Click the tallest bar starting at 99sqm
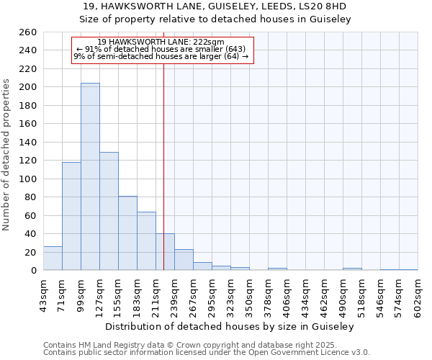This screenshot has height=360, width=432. pyautogui.click(x=90, y=176)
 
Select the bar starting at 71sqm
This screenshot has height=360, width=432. pyautogui.click(x=71, y=216)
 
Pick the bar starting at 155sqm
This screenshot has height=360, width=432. pyautogui.click(x=127, y=233)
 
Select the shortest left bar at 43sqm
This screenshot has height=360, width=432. pyautogui.click(x=53, y=258)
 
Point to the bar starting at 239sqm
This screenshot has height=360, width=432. pyautogui.click(x=184, y=260)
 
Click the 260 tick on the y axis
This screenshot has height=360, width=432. pyautogui.click(x=29, y=32)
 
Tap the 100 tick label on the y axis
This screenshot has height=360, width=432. pyautogui.click(x=29, y=179)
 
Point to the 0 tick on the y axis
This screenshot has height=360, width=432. pyautogui.click(x=33, y=271)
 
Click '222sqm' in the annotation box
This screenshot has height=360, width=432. pyautogui.click(x=209, y=42)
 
